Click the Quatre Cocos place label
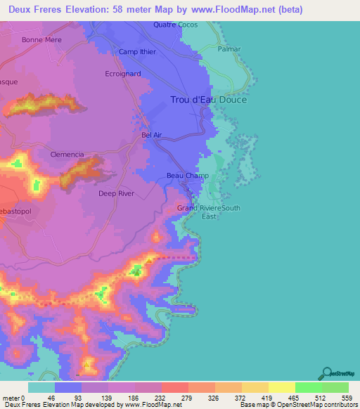click(176, 25)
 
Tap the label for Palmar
click(229, 49)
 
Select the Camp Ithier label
click(137, 52)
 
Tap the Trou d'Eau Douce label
click(209, 100)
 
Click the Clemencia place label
click(67, 154)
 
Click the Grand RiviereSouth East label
click(209, 212)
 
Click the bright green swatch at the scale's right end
click(335, 387)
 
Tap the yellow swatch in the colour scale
click(282, 387)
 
